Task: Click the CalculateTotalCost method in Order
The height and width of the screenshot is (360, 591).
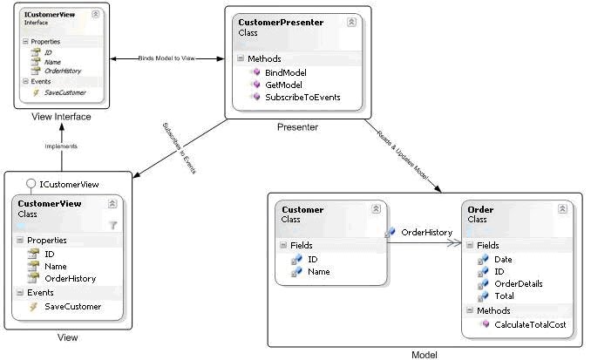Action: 528,324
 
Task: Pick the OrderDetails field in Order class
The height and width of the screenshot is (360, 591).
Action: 517,283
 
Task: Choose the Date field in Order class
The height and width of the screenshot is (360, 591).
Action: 503,259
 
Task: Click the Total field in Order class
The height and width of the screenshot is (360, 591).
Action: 504,295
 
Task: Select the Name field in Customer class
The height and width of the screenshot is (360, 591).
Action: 318,271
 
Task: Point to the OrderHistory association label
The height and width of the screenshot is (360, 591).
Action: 425,232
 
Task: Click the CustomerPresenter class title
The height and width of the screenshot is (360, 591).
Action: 281,21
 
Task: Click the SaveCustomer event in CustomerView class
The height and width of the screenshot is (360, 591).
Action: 72,306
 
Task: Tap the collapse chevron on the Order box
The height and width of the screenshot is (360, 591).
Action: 563,210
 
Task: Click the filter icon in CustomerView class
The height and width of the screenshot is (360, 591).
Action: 112,224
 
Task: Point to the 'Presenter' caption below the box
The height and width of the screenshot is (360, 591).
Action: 297,127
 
